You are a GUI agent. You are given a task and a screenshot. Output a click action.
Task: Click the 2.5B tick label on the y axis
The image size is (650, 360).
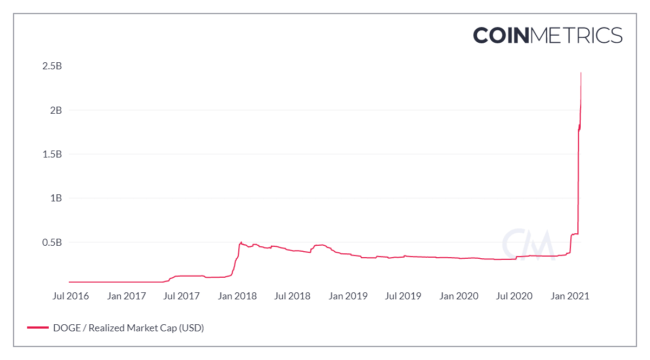pyautogui.click(x=51, y=66)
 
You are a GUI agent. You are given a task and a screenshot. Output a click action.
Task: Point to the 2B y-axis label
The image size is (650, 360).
pyautogui.click(x=55, y=110)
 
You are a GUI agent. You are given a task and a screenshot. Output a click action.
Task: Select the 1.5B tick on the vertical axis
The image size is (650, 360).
pyautogui.click(x=51, y=154)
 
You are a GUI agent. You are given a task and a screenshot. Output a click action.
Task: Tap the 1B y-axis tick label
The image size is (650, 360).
pyautogui.click(x=55, y=198)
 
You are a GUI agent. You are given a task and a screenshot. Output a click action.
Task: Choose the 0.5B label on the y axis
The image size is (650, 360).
pyautogui.click(x=51, y=242)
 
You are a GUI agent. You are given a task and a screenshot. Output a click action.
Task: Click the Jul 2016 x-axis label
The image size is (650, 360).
pyautogui.click(x=71, y=296)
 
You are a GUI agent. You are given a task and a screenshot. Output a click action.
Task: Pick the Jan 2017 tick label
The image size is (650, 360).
pyautogui.click(x=127, y=296)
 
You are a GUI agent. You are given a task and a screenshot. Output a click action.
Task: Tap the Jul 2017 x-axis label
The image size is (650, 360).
pyautogui.click(x=182, y=296)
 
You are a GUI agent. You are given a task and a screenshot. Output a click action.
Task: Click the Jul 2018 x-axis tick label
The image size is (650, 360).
pyautogui.click(x=292, y=296)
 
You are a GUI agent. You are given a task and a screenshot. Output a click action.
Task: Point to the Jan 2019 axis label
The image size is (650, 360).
pyautogui.click(x=349, y=296)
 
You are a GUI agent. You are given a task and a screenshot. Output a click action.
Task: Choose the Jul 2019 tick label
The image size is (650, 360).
pyautogui.click(x=403, y=296)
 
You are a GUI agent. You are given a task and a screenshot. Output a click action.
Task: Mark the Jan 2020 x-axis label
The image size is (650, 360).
pyautogui.click(x=459, y=296)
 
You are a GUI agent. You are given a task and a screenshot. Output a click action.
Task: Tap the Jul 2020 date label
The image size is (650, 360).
pyautogui.click(x=514, y=296)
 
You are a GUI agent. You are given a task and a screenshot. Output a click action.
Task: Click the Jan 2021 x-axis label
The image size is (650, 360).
pyautogui.click(x=570, y=296)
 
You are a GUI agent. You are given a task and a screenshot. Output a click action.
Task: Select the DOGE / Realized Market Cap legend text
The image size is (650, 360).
pyautogui.click(x=128, y=328)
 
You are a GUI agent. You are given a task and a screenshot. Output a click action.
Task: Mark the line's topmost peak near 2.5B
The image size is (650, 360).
pyautogui.click(x=581, y=73)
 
